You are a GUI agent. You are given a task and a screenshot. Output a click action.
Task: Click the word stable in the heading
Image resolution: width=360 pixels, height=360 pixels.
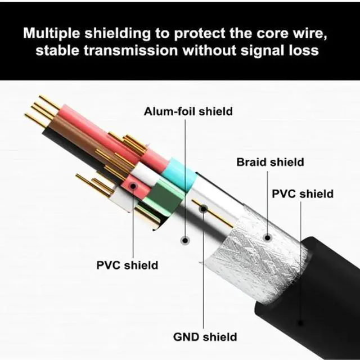[x=55, y=50]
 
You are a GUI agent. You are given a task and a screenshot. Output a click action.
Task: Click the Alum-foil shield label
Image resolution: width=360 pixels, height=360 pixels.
[x=188, y=111]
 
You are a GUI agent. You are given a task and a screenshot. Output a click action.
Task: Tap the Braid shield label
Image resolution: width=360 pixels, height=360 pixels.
[x=270, y=163]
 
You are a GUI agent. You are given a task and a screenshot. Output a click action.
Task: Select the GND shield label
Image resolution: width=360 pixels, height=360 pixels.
[x=204, y=337]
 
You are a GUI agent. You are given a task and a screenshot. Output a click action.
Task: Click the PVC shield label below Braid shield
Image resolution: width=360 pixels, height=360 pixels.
[x=303, y=194]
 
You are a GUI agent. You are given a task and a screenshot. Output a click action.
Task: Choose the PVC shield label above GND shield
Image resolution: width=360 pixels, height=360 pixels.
[x=127, y=264]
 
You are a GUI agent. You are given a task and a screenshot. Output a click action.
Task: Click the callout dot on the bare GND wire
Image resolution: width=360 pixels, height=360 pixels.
[x=203, y=209]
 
